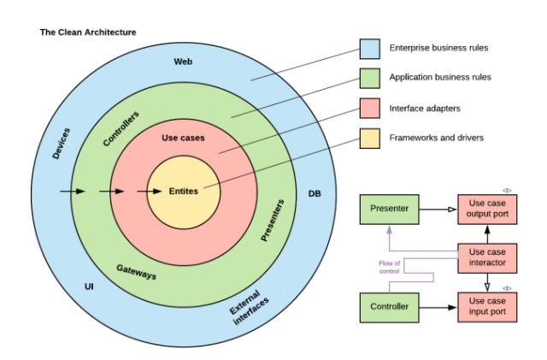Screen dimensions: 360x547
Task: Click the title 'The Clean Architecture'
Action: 88,32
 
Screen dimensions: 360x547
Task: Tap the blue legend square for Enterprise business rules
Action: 370,50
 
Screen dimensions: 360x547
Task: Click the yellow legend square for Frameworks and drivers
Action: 370,139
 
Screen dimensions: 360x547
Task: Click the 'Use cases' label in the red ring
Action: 183,138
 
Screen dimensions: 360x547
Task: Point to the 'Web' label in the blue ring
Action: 183,62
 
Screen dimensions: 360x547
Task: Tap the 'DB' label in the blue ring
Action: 315,193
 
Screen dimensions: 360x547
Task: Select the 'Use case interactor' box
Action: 488,257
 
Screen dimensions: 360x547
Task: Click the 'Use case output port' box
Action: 488,208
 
